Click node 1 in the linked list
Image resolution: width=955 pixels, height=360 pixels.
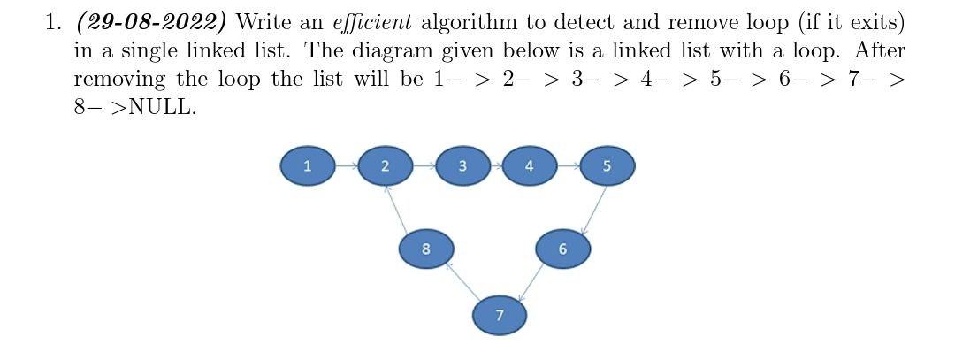tap(307, 165)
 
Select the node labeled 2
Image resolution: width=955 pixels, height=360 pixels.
tap(385, 165)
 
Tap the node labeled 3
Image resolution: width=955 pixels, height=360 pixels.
tap(462, 165)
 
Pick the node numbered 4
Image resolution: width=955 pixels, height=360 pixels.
tap(529, 165)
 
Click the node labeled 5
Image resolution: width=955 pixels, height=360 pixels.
tap(607, 165)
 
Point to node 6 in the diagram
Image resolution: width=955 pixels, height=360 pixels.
tap(562, 249)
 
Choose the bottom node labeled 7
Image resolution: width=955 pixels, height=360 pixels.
tap(500, 315)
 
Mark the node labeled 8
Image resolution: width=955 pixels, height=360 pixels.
tap(425, 249)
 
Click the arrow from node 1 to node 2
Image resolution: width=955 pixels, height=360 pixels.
tap(346, 165)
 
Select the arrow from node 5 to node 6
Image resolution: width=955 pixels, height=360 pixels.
tap(593, 211)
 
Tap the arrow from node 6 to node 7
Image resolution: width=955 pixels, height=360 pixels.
tap(531, 283)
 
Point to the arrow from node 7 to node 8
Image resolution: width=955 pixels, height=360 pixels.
tap(462, 281)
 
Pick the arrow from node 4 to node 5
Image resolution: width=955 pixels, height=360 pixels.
tap(568, 165)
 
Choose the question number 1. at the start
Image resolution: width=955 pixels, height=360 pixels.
tap(54, 21)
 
